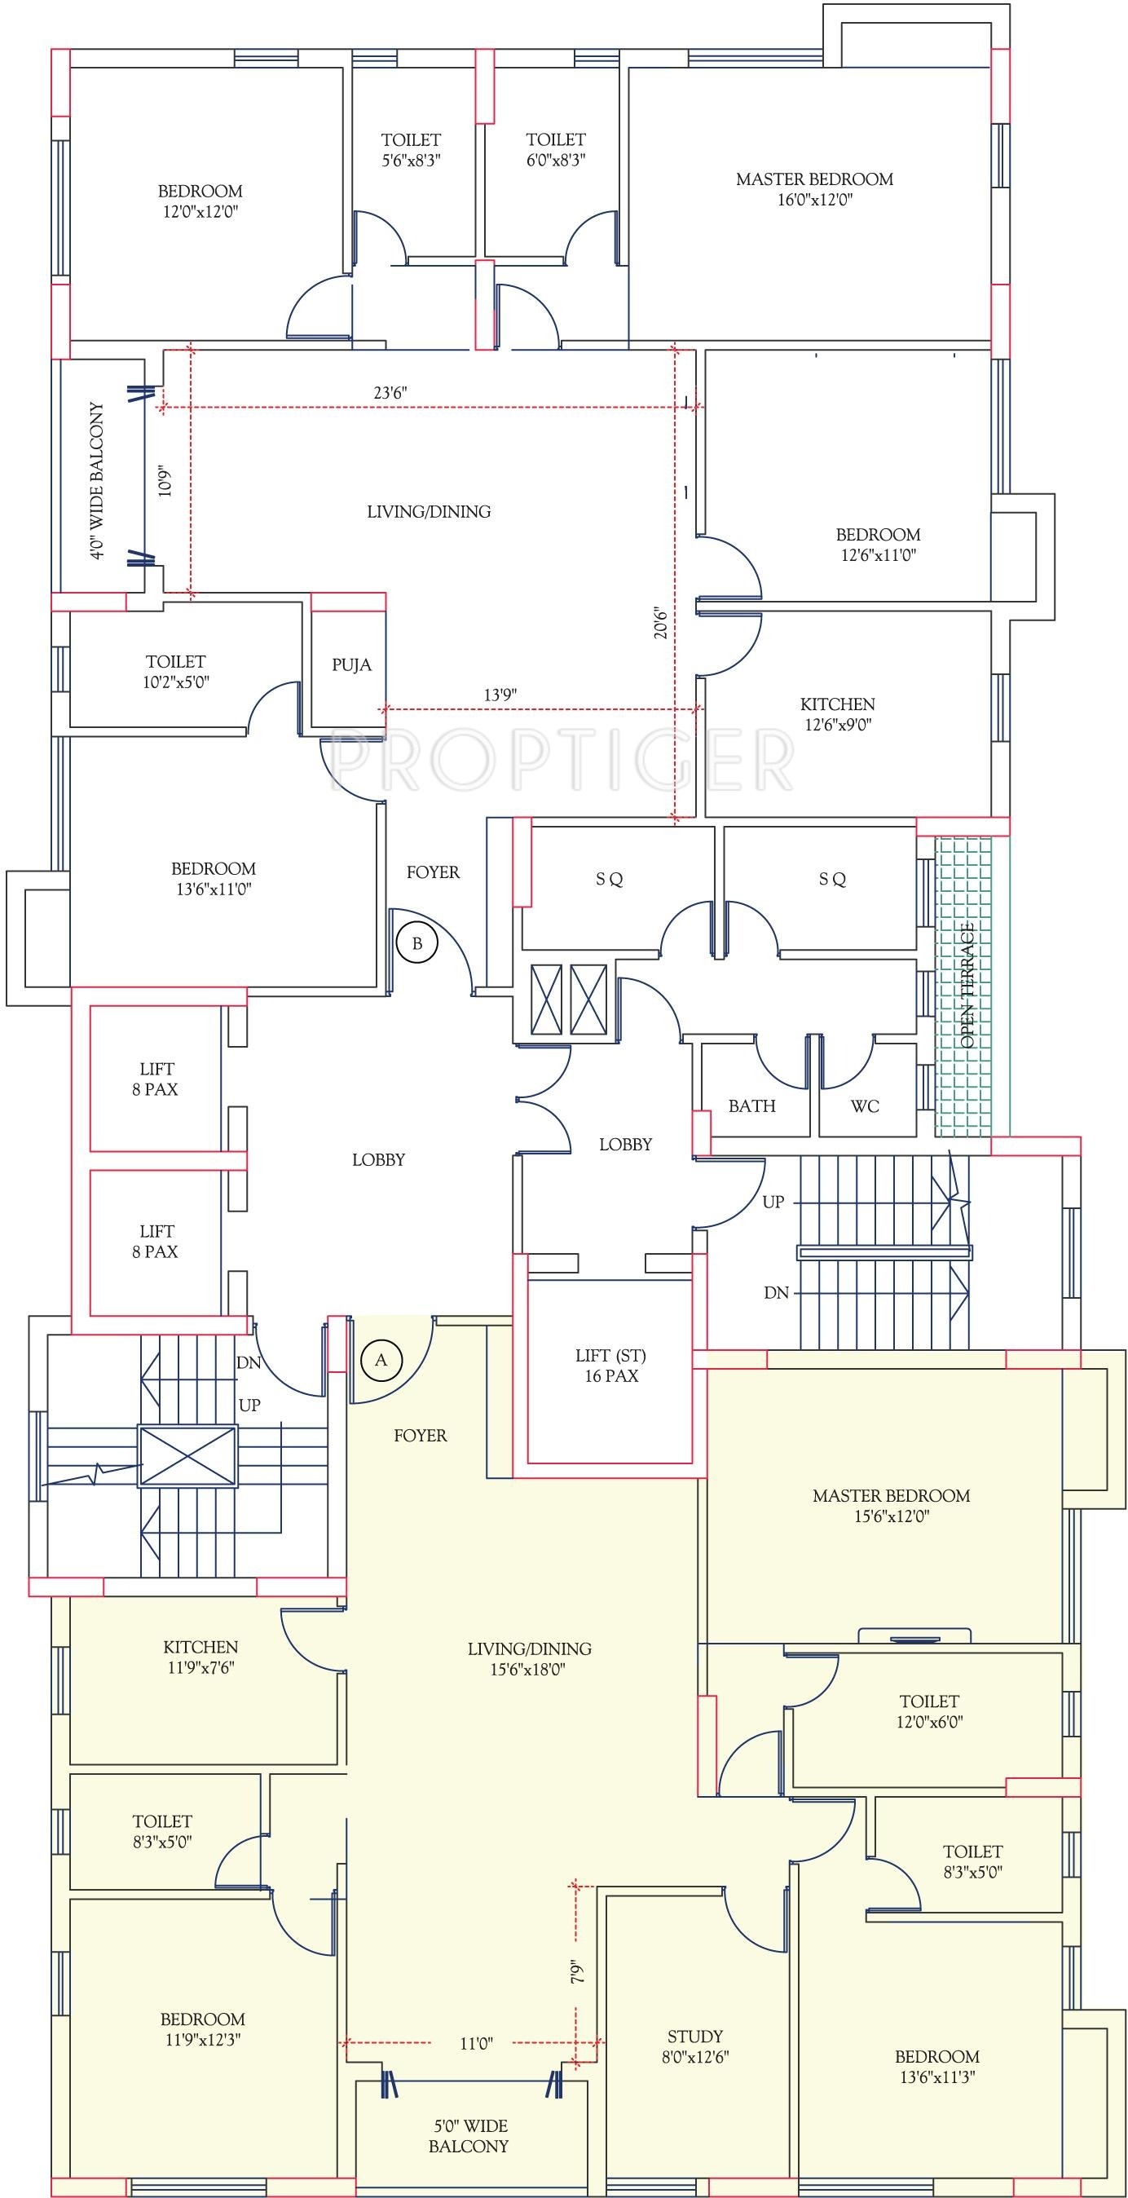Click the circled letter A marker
(381, 1360)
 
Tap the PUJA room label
(351, 664)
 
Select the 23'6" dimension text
(390, 392)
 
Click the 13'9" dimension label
(500, 695)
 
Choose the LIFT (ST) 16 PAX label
(611, 1366)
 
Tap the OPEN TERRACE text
(967, 986)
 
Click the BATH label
(751, 1106)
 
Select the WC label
(865, 1106)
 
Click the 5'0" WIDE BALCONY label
(469, 2136)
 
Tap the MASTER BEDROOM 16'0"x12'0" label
(814, 189)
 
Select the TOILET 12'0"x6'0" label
(929, 1711)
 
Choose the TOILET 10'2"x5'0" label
(176, 672)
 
